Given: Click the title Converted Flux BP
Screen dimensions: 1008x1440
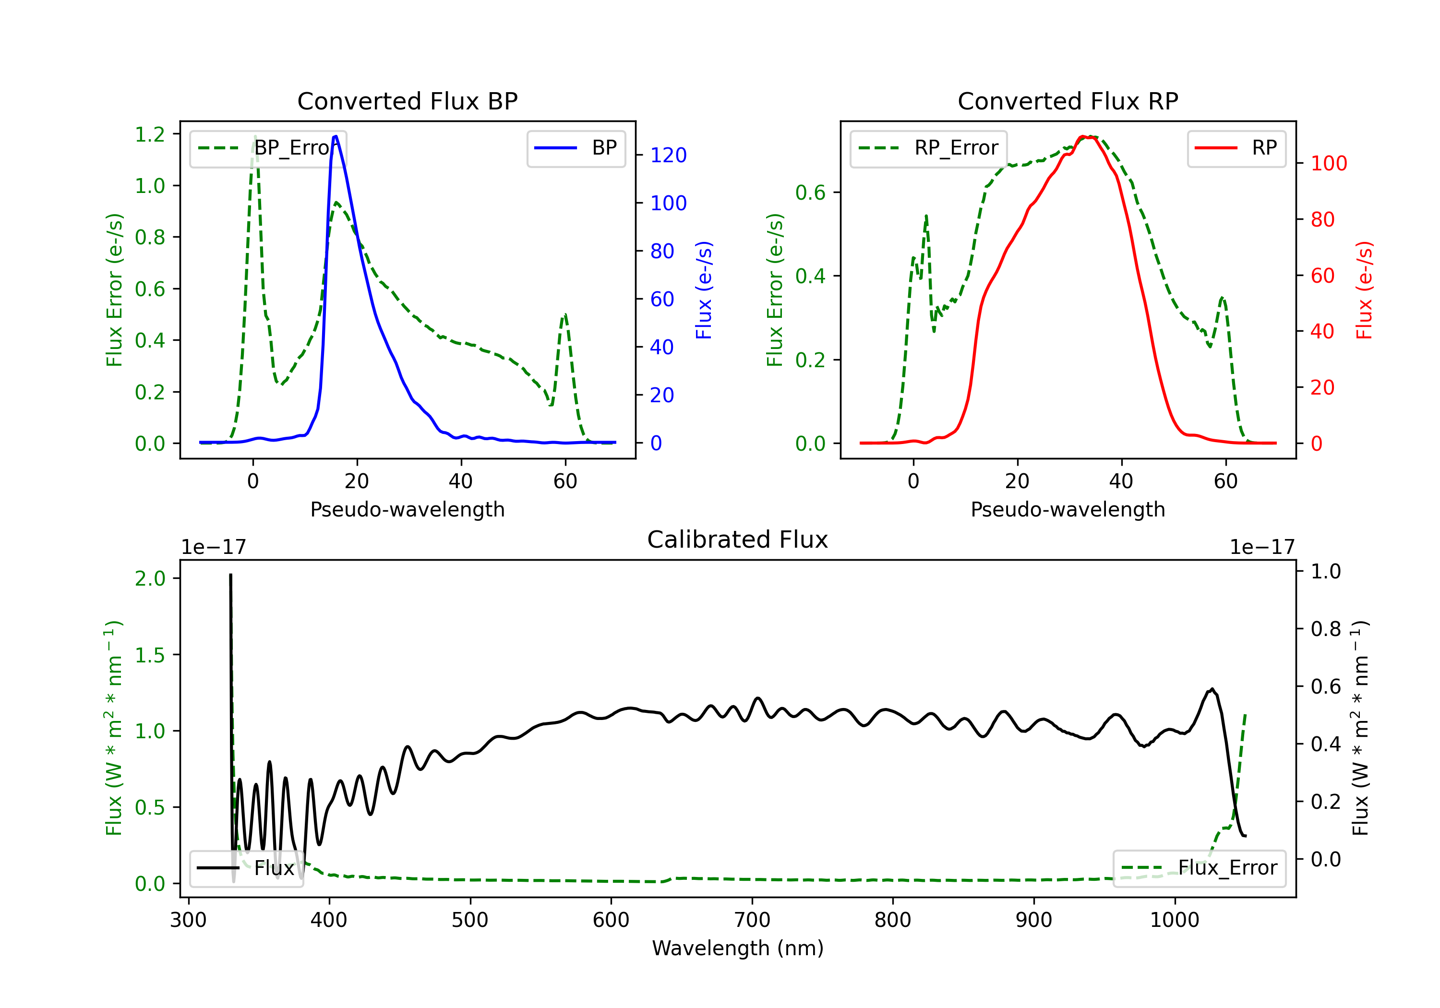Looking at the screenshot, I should click(407, 101).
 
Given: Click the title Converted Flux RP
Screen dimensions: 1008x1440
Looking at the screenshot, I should click(1068, 101).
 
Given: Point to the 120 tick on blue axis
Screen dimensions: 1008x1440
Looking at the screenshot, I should click(668, 155).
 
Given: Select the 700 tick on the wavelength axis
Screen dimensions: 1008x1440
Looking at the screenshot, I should click(752, 920).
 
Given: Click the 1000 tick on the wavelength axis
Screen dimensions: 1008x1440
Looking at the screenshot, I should click(1174, 920).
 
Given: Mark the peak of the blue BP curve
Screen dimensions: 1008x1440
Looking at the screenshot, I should click(336, 136).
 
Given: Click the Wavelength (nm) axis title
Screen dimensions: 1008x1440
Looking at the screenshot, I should click(738, 948).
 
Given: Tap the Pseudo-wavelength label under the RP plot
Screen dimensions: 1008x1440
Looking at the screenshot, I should click(1068, 509).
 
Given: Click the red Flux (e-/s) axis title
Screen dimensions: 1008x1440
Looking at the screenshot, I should click(1364, 290).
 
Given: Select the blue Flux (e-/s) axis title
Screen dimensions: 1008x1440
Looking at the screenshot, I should click(704, 290).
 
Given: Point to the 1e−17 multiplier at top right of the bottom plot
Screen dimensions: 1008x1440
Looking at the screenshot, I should click(1261, 547).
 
